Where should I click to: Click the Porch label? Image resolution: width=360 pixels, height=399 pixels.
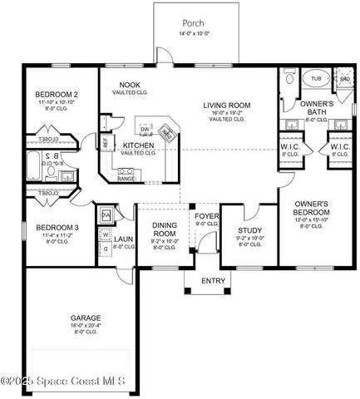193,22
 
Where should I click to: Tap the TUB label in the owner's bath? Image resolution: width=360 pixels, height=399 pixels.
316,79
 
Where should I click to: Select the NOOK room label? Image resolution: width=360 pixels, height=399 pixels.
129,85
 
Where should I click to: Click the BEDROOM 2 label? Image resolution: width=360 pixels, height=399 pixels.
56,96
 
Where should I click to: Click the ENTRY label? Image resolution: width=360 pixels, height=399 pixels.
214,282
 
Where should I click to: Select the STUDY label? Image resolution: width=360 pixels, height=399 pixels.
250,230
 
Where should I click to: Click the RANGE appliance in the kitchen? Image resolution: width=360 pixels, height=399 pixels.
126,178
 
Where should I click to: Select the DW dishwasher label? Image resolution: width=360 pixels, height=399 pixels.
145,130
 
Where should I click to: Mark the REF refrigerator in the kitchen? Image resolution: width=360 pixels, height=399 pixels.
106,143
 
